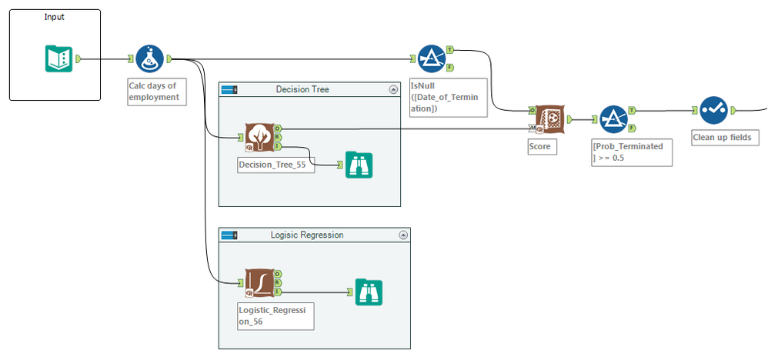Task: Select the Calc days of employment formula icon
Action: [149, 58]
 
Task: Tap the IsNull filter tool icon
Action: [431, 58]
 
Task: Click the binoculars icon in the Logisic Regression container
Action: [369, 292]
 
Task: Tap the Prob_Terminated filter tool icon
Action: [613, 119]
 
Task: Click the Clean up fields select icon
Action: [713, 110]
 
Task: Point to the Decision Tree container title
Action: [302, 89]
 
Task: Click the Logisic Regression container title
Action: [307, 235]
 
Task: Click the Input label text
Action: [55, 17]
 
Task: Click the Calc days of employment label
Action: [155, 92]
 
